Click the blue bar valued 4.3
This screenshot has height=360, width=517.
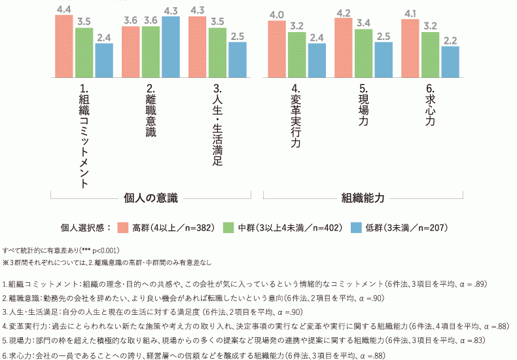[170, 46]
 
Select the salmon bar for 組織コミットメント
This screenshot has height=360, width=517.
[64, 46]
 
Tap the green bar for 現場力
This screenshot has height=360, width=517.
[363, 53]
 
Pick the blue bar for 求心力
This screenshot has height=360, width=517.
[450, 62]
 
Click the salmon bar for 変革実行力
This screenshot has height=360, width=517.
[277, 49]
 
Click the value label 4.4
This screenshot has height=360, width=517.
[64, 9]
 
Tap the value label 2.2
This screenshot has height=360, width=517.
[450, 40]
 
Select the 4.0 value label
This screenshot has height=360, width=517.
[277, 14]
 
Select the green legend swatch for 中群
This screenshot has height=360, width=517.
[229, 228]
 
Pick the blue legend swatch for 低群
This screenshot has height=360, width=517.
[357, 228]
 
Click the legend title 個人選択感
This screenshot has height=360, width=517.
[84, 228]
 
